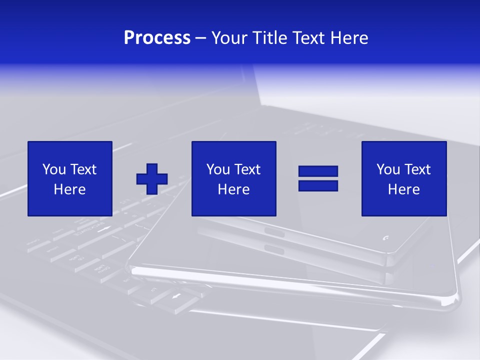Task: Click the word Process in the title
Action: coord(157,38)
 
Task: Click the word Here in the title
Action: coord(349,38)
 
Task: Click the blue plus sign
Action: coord(152,179)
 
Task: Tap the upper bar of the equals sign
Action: coord(318,171)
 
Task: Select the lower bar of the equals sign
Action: coord(318,185)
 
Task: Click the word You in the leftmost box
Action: coord(54,169)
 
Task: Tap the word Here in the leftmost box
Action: coord(69,189)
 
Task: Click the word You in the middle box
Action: coord(218,169)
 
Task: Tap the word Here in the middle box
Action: coord(233,189)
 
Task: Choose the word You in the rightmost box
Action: coord(388,169)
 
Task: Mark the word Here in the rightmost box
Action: coord(403,189)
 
